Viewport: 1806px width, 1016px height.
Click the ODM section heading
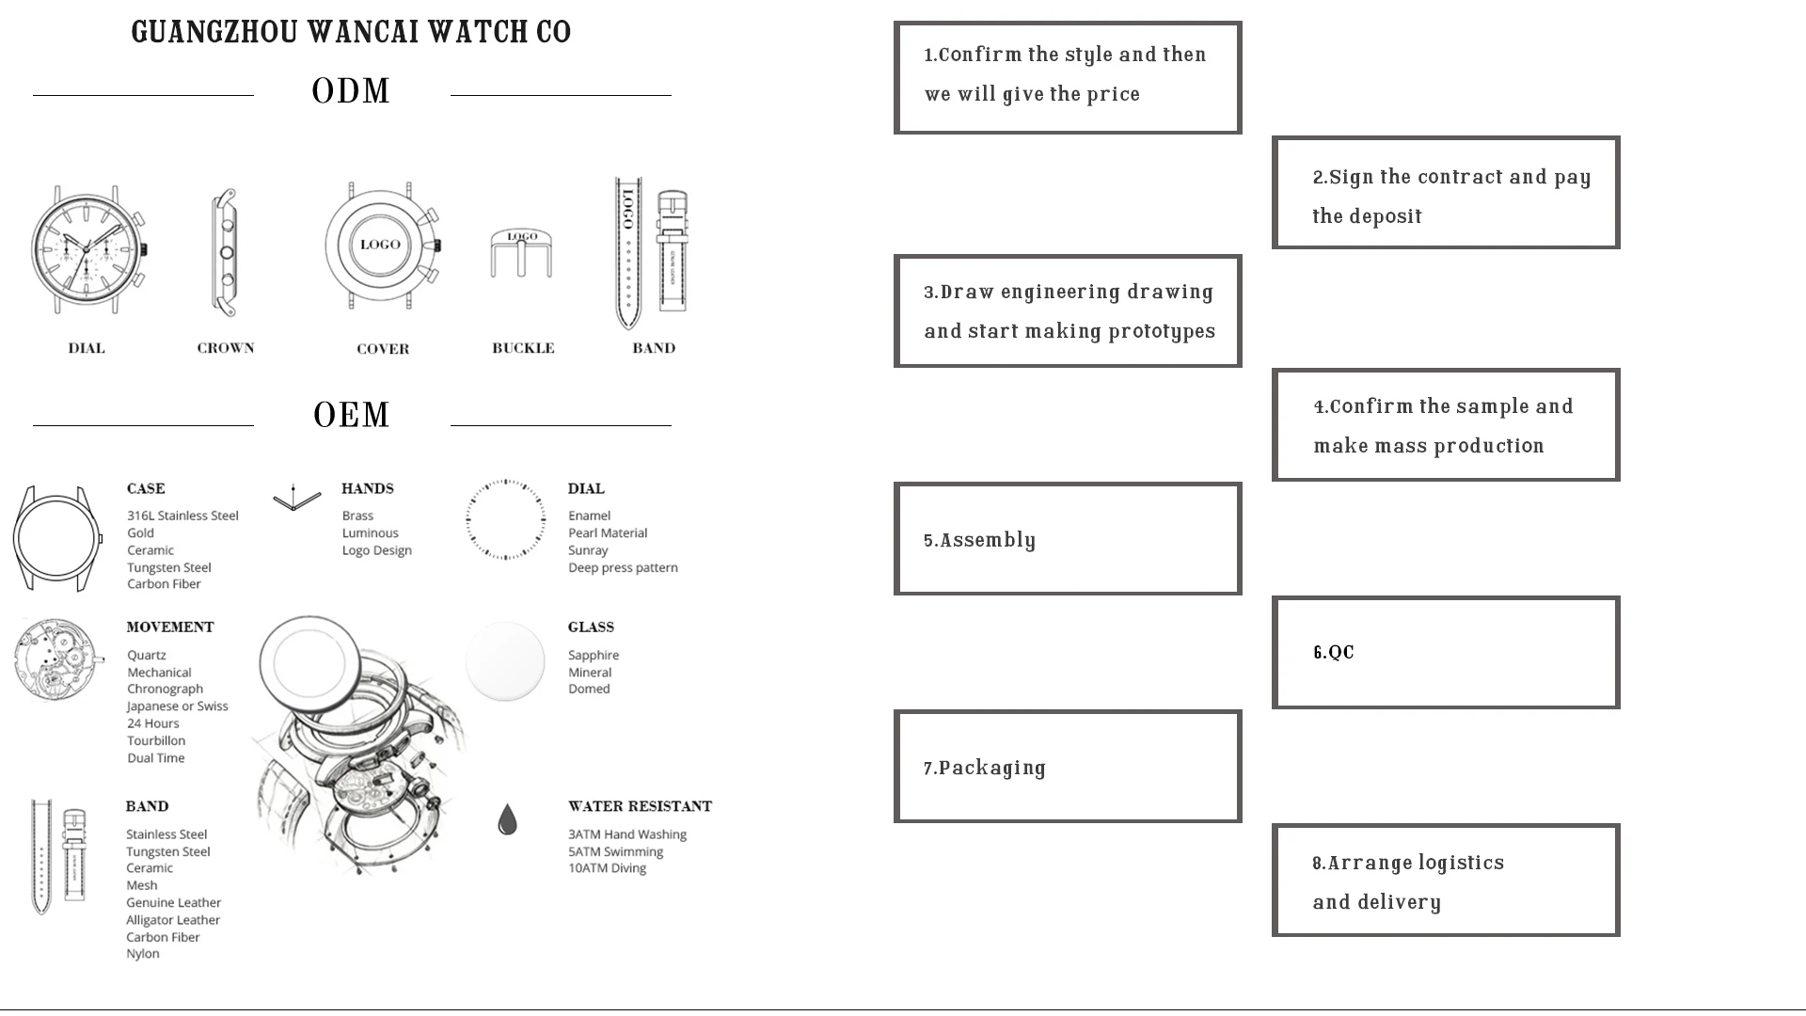(x=351, y=92)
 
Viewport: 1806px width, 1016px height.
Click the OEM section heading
(x=351, y=416)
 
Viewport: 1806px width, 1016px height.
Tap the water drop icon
(x=507, y=820)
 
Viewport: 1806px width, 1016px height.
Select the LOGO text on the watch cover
(x=380, y=245)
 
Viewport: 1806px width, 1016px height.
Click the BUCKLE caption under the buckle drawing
(x=523, y=348)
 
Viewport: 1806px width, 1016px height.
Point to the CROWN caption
(x=226, y=348)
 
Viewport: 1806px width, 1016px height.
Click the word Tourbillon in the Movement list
(x=156, y=741)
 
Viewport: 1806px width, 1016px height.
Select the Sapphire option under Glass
(x=594, y=656)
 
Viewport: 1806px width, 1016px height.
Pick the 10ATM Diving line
(x=607, y=868)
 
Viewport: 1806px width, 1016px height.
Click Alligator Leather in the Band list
(x=173, y=920)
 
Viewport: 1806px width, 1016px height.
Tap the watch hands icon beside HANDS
(x=296, y=499)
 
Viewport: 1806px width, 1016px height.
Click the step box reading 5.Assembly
(x=1068, y=539)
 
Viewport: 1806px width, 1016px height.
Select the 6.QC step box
(x=1446, y=652)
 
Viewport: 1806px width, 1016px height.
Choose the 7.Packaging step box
(x=1068, y=767)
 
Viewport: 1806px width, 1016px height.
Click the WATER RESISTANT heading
(x=640, y=806)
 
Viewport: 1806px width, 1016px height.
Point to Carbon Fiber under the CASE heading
(x=164, y=584)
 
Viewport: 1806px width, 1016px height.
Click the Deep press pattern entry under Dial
(x=623, y=568)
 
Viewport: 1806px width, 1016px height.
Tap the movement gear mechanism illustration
(x=56, y=660)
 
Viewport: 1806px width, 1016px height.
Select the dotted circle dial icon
(x=505, y=519)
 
